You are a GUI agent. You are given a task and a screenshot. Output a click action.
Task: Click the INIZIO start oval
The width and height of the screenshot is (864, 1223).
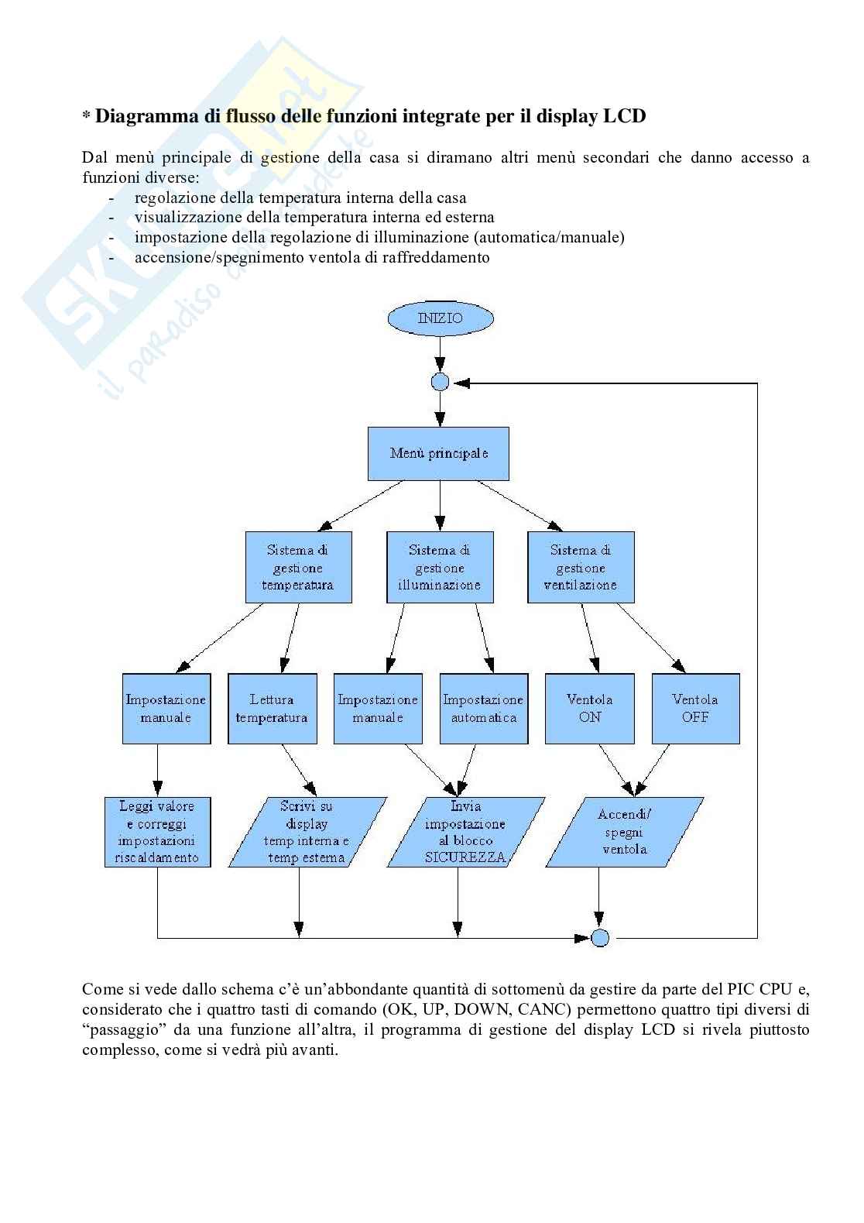pos(441,318)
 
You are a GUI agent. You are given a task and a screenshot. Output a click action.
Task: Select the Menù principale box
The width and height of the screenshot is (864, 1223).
pos(438,453)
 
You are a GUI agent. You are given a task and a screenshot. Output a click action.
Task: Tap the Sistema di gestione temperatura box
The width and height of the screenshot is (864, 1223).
pos(298,567)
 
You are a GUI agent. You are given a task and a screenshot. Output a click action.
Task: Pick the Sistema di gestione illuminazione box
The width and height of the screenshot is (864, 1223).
pos(440,567)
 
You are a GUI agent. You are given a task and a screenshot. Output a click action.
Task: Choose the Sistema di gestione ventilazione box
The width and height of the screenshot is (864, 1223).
pos(581,567)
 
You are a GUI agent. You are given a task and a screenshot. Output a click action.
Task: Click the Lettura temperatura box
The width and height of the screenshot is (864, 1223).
pos(272,709)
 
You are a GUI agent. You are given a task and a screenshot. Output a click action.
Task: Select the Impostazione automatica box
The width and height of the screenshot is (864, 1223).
pos(484,709)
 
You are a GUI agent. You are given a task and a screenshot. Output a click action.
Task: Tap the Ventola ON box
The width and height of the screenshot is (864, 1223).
pos(589,709)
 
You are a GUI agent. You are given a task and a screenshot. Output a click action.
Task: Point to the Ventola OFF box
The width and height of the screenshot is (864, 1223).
pos(695,709)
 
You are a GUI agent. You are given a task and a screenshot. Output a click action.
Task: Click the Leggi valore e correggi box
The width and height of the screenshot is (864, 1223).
pos(157,832)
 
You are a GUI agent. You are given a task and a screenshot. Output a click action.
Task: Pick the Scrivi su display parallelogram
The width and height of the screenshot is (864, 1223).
pos(307,832)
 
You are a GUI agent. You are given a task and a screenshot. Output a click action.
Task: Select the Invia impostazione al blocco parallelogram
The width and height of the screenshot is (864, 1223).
pos(465,832)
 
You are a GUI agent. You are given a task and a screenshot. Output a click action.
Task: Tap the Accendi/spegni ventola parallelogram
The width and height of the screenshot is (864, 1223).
pos(624,832)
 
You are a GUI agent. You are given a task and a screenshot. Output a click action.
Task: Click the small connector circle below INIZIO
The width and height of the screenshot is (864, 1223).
pos(440,382)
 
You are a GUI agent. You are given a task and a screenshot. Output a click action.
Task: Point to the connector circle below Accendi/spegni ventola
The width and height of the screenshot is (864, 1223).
pos(600,938)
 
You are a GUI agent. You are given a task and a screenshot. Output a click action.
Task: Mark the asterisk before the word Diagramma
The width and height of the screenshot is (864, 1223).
pos(87,118)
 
